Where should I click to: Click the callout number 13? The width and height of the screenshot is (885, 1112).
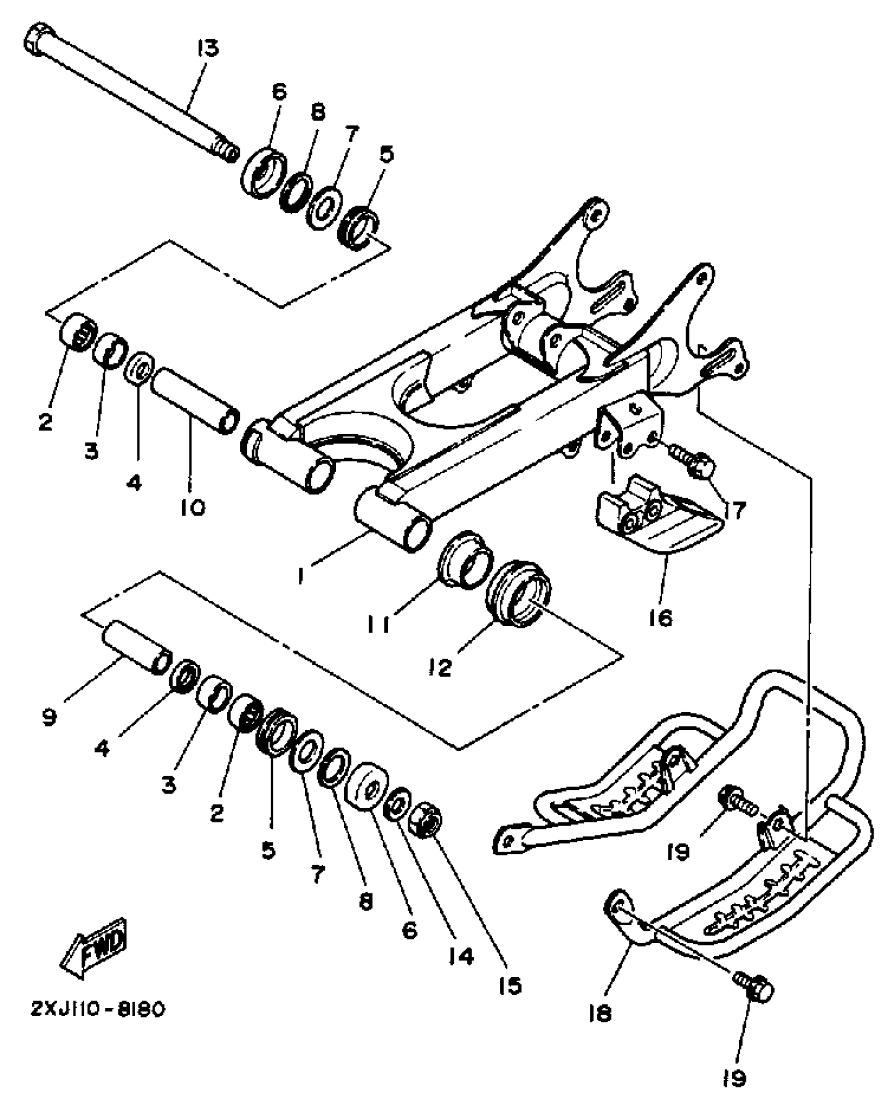pos(208,48)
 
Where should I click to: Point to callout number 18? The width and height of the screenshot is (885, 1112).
pos(600,1013)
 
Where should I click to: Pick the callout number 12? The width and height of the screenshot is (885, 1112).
pos(441,668)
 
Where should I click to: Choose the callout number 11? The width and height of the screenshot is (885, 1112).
pos(378,624)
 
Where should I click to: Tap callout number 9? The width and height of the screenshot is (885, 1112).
pos(49,718)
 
